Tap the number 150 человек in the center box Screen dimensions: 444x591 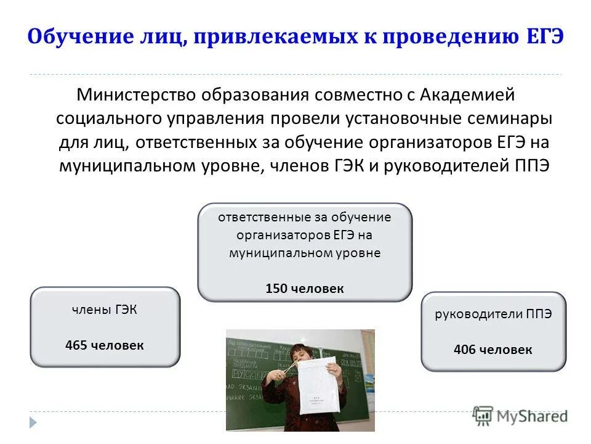[x=305, y=288]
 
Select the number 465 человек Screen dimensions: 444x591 [x=105, y=345]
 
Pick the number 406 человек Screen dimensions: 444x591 [x=492, y=350]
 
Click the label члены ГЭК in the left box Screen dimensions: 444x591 [x=105, y=310]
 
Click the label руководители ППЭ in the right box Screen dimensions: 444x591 [x=492, y=314]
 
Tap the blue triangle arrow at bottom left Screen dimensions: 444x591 [x=33, y=422]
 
